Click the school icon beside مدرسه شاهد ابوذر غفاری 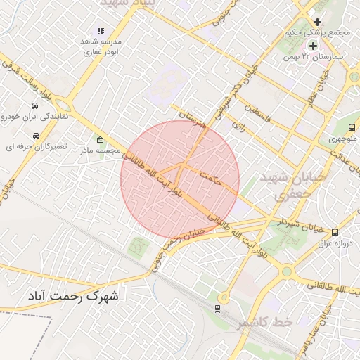(101, 32)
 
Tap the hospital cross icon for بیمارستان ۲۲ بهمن (313, 46)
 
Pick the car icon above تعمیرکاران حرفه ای (35, 135)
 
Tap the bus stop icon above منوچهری (350, 127)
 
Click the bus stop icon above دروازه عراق (334, 231)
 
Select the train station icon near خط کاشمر (217, 308)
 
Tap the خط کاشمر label (244, 322)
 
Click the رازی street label (238, 127)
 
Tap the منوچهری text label (343, 139)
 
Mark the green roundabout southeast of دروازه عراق (286, 271)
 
